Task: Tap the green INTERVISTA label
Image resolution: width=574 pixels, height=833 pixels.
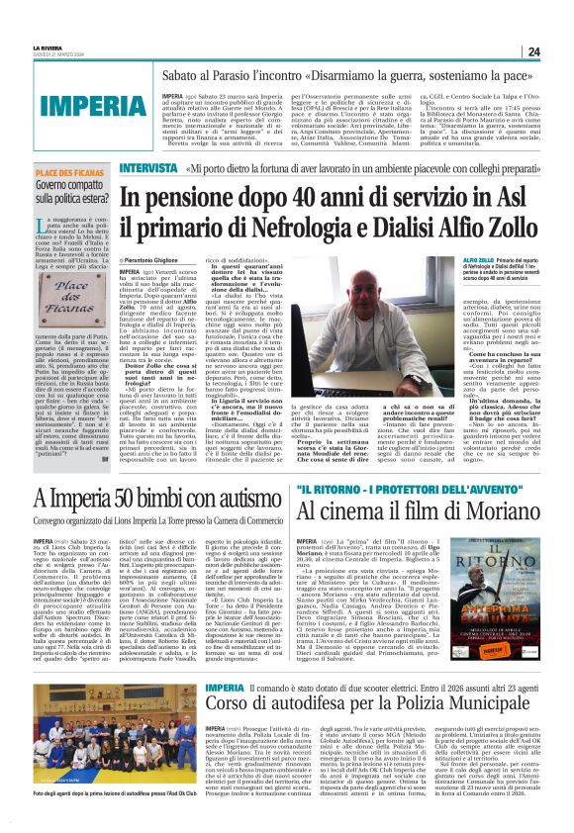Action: [x=147, y=168]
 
